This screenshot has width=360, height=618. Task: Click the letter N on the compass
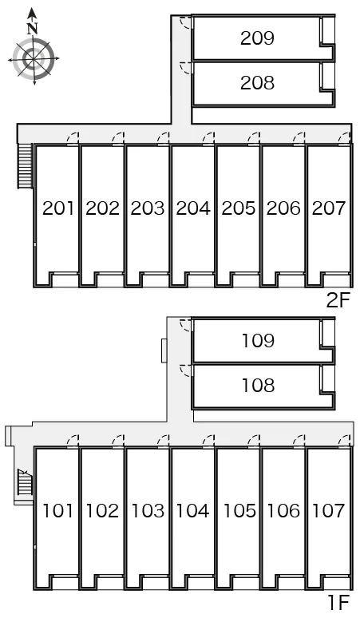coord(32,28)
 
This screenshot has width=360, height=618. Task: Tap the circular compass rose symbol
coord(34,59)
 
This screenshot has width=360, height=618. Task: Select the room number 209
coord(257,38)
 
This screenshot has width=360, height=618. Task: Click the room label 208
coord(257,83)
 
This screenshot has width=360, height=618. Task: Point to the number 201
coord(58,208)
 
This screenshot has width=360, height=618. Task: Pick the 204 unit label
coord(193,208)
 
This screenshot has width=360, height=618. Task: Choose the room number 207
coord(329,208)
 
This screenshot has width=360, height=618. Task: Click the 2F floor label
coord(338,301)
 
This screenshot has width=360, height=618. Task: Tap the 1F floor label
coord(338,602)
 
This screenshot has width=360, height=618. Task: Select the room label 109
coord(258,340)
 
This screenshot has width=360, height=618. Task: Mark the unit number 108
coord(258,385)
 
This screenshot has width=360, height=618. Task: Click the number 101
coord(57,511)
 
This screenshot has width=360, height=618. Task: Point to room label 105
coord(239,511)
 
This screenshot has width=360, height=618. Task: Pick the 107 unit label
coord(329,511)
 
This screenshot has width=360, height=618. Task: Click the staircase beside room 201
coord(25,165)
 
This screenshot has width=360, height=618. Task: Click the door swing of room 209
coord(185,23)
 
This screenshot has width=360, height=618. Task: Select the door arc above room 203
coord(163,138)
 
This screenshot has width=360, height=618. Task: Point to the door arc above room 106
coord(299,441)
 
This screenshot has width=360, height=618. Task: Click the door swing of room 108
coord(185,370)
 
